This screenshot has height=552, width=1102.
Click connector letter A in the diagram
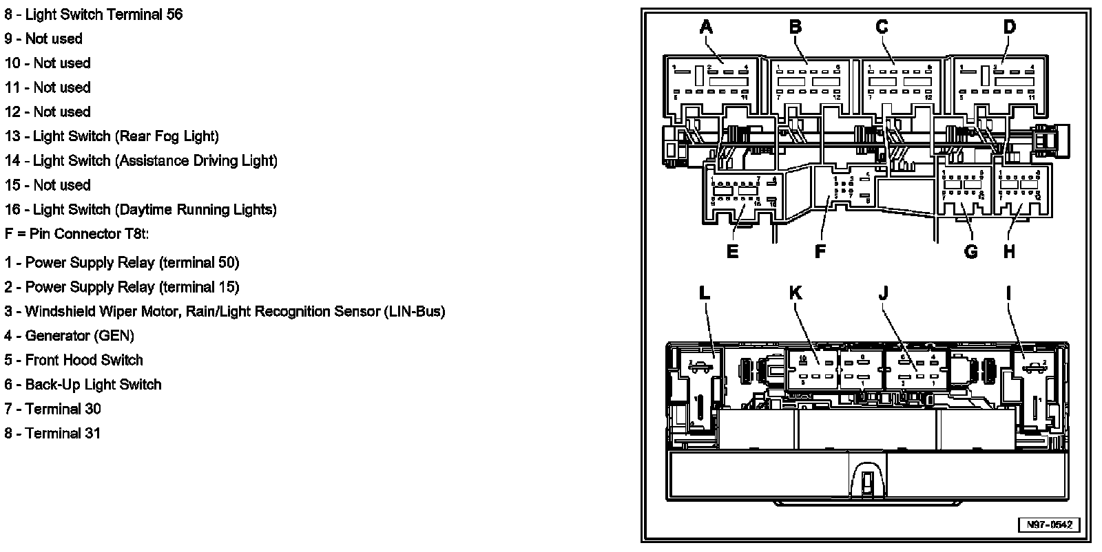[706, 28]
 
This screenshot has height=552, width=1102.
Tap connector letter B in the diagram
[796, 28]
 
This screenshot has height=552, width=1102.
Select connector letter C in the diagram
[882, 28]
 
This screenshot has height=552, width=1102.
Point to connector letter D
[1009, 28]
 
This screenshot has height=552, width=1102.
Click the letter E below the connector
[732, 252]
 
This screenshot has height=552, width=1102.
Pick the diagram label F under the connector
[820, 252]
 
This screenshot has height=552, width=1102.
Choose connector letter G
[970, 252]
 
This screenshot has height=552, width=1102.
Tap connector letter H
[1009, 252]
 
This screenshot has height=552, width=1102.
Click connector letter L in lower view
[704, 293]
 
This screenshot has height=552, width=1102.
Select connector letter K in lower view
[796, 293]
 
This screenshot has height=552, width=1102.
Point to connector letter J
[884, 293]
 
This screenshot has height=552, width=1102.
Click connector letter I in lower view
[1009, 293]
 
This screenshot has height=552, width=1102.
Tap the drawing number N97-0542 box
[1050, 524]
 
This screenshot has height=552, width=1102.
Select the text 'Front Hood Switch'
[84, 360]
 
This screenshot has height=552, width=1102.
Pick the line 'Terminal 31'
[63, 434]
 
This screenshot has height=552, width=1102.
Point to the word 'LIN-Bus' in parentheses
[415, 311]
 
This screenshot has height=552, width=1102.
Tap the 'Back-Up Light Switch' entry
[93, 385]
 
